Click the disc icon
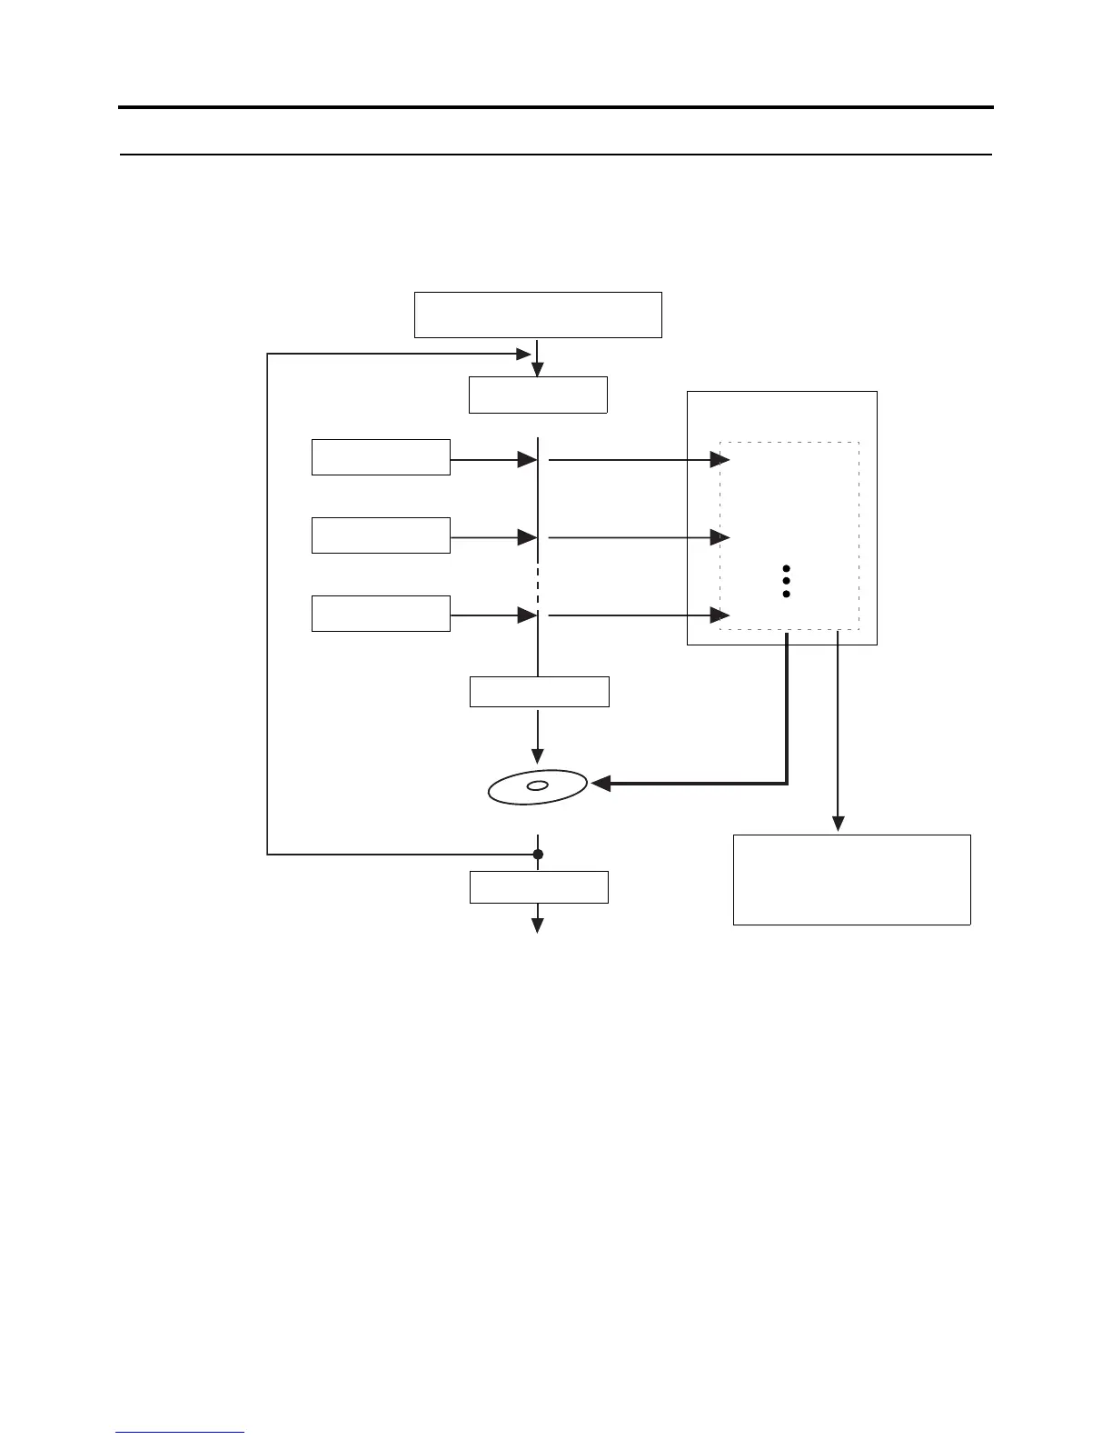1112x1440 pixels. click(x=538, y=786)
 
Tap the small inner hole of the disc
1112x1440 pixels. click(x=538, y=785)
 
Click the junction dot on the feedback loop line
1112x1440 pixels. click(x=538, y=855)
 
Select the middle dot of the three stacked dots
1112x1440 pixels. click(x=787, y=581)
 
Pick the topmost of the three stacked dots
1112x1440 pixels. click(x=787, y=568)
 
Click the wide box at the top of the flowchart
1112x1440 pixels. click(x=538, y=315)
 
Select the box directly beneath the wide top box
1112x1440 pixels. click(x=538, y=395)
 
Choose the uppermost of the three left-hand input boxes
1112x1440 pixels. click(x=381, y=456)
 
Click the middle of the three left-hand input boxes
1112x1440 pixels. click(x=381, y=535)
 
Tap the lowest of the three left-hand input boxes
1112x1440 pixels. click(x=381, y=613)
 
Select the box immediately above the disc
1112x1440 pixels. click(x=539, y=692)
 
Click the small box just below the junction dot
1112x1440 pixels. click(x=539, y=886)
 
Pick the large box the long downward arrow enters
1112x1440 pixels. click(x=851, y=879)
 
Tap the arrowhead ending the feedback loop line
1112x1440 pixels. click(x=522, y=354)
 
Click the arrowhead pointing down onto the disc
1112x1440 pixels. click(x=538, y=756)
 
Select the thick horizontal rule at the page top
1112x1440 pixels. click(x=556, y=107)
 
